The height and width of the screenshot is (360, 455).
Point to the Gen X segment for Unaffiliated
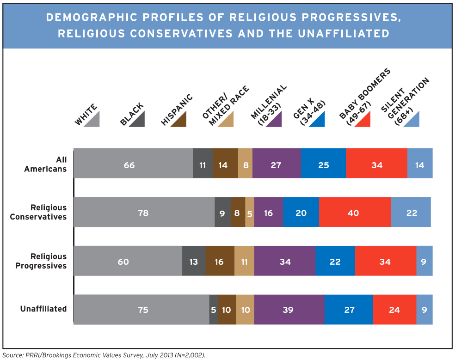[x=349, y=309]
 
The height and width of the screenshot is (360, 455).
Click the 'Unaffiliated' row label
[x=43, y=309]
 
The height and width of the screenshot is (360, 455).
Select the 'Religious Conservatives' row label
[x=38, y=212]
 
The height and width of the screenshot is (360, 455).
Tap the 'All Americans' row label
[x=45, y=164]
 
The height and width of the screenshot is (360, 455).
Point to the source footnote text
[x=104, y=355]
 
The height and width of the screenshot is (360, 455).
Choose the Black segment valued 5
[x=213, y=309]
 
